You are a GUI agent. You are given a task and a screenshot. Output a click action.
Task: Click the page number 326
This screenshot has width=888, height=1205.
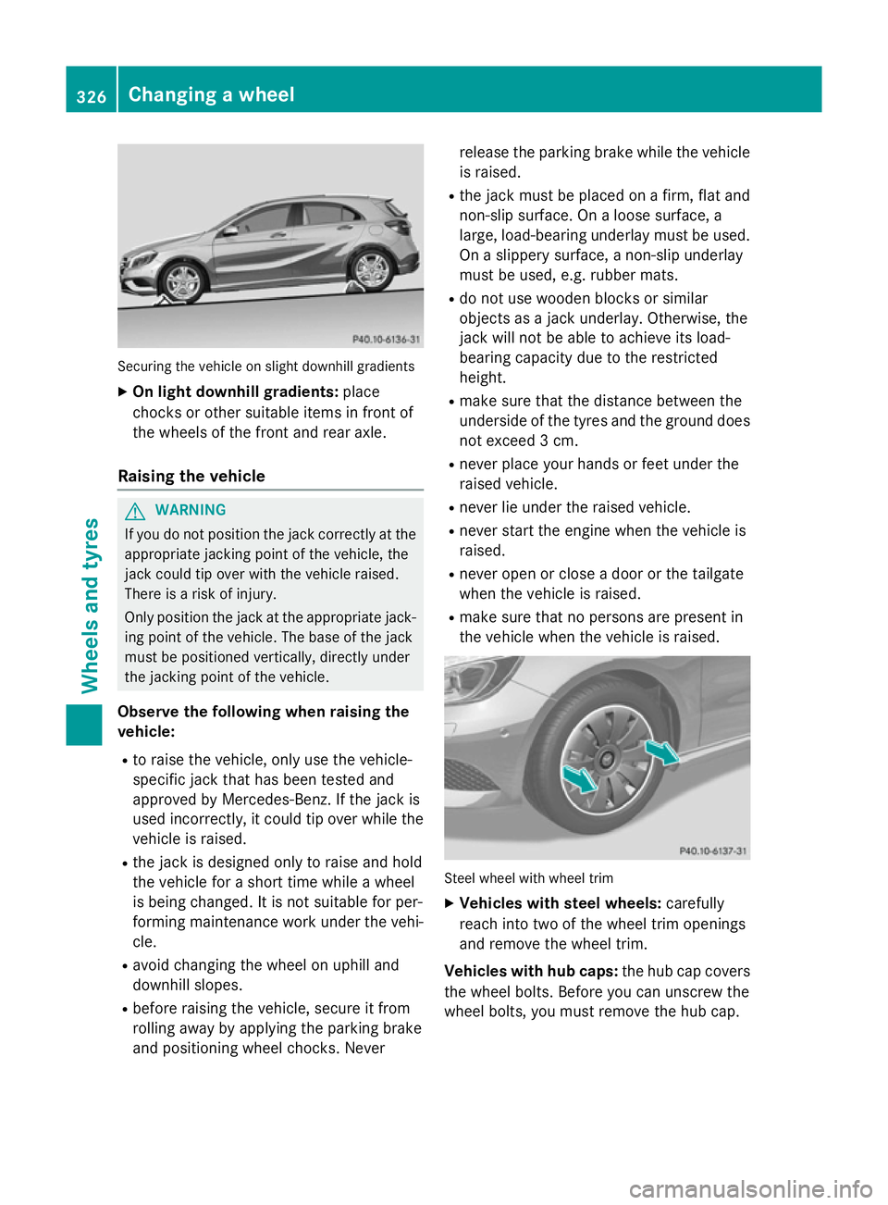click(92, 96)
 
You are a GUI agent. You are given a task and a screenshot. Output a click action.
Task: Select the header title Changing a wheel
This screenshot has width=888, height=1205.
click(211, 94)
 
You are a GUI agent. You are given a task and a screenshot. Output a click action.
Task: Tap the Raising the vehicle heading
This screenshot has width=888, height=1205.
click(191, 476)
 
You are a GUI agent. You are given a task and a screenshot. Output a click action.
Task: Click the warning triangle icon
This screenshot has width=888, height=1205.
click(136, 510)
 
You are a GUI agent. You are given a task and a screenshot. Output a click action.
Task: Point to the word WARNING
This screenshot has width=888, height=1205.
click(191, 510)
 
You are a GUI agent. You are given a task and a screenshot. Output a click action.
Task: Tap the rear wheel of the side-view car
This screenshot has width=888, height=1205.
click(372, 269)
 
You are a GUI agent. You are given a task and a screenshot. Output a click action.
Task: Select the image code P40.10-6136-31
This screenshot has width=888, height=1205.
click(386, 339)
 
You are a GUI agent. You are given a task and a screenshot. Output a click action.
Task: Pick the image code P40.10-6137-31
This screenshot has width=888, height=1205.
click(712, 851)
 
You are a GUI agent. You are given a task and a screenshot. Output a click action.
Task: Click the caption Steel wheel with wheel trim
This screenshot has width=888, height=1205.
click(528, 878)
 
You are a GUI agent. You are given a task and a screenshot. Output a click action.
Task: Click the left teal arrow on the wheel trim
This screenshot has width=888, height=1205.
click(580, 779)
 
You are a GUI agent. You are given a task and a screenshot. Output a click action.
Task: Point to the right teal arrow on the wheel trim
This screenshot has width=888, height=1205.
click(662, 752)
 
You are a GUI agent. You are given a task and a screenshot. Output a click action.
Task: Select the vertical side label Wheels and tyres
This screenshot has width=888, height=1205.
click(91, 606)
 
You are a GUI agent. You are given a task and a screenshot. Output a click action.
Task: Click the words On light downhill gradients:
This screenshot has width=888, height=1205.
click(235, 391)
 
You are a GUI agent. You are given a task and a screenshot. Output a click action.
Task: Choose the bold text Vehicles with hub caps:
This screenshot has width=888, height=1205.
click(531, 971)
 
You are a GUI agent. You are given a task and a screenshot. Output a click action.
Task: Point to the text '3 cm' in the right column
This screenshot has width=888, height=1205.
click(558, 441)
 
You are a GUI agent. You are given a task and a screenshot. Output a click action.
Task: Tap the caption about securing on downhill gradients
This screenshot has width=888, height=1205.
click(265, 366)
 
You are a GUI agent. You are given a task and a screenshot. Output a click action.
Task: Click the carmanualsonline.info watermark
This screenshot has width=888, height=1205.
click(750, 1188)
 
